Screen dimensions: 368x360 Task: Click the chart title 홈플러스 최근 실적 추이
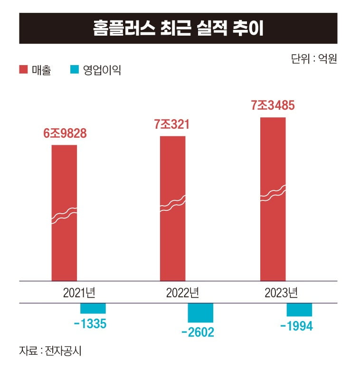[x=178, y=28]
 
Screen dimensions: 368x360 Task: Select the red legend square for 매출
[x=23, y=70]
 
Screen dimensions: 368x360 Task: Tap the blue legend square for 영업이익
[x=74, y=70]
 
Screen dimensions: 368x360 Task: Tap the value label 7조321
[x=172, y=125]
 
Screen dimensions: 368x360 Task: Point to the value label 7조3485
[x=273, y=106]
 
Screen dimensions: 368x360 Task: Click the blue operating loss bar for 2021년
[x=93, y=308]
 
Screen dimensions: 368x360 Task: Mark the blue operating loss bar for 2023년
[x=299, y=310]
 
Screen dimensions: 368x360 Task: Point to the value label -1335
[x=90, y=325]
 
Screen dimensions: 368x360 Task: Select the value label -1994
[x=296, y=327]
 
